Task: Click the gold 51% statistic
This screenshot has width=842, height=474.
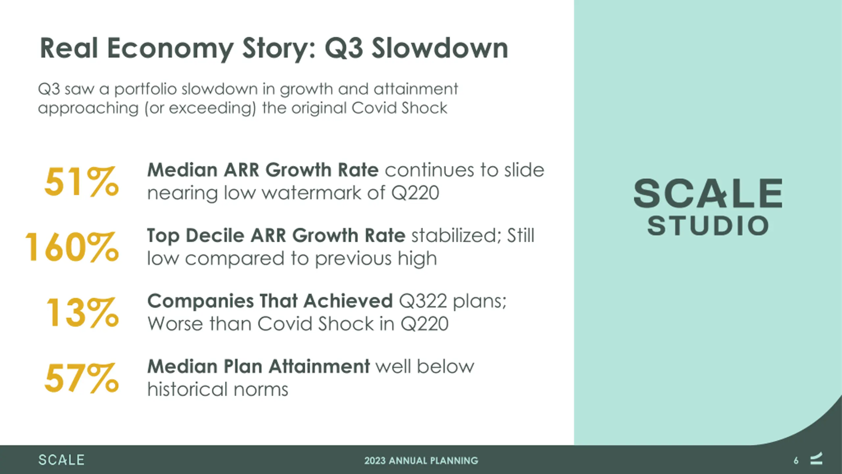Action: coord(82,181)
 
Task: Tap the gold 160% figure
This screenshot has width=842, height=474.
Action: coord(72,247)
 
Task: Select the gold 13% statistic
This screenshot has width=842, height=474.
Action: coord(83,312)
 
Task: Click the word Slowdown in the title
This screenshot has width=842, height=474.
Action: coord(440,48)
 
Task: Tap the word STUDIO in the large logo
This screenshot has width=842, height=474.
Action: coord(708,226)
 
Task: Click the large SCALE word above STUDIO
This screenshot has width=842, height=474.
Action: coord(708,193)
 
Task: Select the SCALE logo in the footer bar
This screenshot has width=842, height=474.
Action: coord(62,460)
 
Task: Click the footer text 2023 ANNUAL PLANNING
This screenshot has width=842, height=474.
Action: coord(421,461)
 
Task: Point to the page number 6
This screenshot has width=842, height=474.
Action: coord(796,461)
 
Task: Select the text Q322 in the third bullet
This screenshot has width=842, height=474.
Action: coord(423,302)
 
